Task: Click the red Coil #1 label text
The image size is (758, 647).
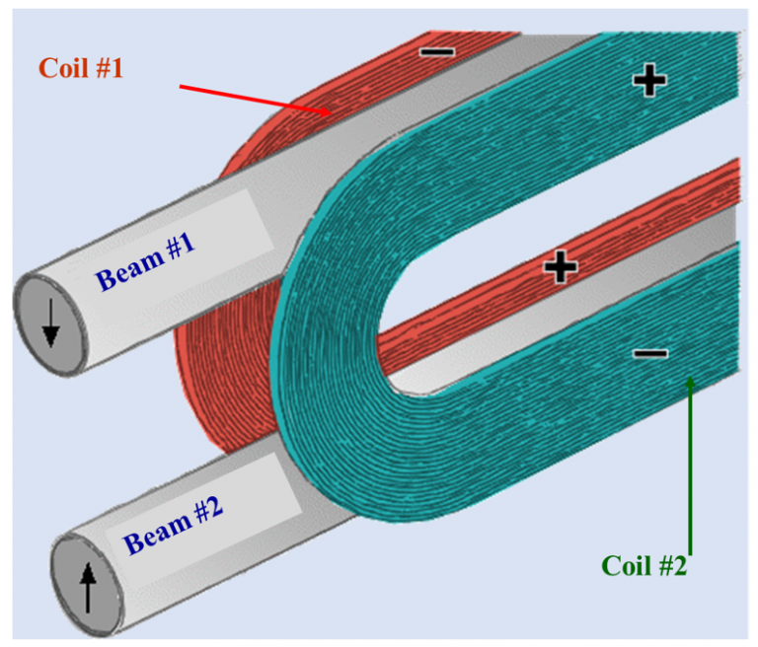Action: [x=82, y=68]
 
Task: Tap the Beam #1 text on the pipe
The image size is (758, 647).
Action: [x=144, y=264]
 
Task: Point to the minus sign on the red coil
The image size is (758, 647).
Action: [x=438, y=49]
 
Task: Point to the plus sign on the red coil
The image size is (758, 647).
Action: [x=560, y=266]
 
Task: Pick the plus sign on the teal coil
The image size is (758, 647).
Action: [x=648, y=82]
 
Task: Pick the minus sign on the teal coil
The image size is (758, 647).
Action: [x=649, y=352]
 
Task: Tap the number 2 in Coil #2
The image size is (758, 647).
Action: [x=678, y=567]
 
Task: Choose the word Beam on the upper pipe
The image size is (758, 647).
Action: [x=124, y=273]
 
